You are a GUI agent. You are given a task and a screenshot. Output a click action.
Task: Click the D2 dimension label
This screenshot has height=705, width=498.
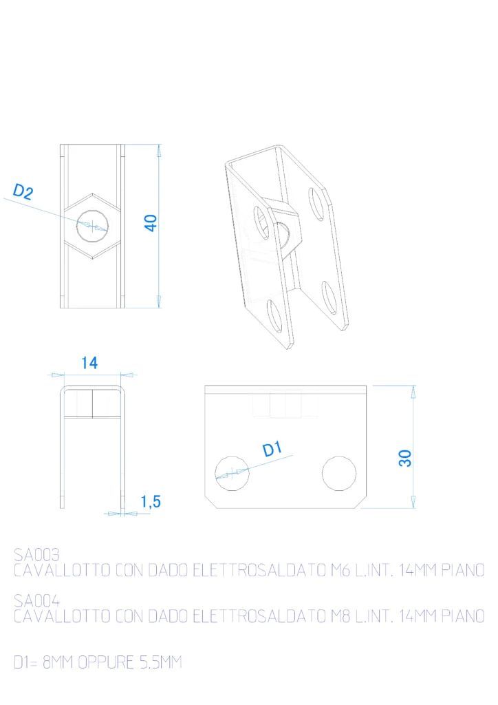pyautogui.click(x=23, y=191)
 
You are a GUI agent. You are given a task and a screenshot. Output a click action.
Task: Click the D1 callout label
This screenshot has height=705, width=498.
pyautogui.click(x=272, y=449)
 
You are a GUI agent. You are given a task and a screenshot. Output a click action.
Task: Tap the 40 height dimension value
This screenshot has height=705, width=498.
pyautogui.click(x=151, y=222)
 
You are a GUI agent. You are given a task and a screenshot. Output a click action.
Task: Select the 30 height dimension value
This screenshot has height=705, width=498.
pyautogui.click(x=405, y=458)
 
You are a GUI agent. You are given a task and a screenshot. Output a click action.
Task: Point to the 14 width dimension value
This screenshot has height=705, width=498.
pyautogui.click(x=89, y=363)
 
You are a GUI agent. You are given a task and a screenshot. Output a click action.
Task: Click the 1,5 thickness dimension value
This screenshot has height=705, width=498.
pyautogui.click(x=151, y=501)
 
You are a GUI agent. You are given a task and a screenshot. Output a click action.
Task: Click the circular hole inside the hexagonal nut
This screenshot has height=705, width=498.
pyautogui.click(x=92, y=226)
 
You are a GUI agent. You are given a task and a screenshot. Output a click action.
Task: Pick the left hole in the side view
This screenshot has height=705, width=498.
pyautogui.click(x=232, y=474)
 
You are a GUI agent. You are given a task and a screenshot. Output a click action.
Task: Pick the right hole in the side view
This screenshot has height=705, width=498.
pyautogui.click(x=339, y=474)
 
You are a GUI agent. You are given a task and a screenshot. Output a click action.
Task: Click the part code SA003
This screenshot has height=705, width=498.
pyautogui.click(x=36, y=554)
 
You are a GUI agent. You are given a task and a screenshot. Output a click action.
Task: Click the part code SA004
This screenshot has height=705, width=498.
pyautogui.click(x=36, y=600)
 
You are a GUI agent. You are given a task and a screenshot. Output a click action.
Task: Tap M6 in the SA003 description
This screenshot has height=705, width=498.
pyautogui.click(x=340, y=570)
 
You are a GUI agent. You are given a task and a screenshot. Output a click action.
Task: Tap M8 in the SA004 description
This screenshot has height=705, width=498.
pyautogui.click(x=340, y=616)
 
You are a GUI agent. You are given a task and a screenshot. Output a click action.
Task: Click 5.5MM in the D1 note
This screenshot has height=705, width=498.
pyautogui.click(x=160, y=662)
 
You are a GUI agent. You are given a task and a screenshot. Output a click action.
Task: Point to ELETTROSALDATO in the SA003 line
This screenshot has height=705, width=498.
pyautogui.click(x=259, y=570)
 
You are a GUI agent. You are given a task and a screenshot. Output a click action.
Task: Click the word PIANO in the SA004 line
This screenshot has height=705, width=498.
pyautogui.click(x=463, y=616)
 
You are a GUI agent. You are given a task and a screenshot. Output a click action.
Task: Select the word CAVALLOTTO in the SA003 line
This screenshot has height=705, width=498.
pyautogui.click(x=62, y=570)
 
